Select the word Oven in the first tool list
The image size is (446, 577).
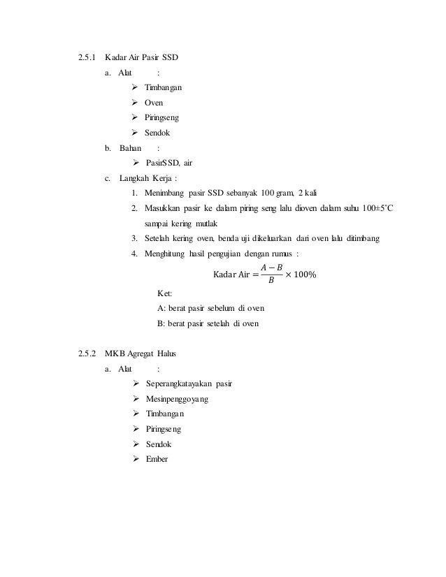tap(154, 102)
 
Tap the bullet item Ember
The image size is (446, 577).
tap(157, 459)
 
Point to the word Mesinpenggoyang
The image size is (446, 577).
tap(178, 399)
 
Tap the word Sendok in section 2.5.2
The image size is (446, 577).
tap(158, 444)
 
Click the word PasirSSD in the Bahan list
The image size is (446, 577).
tap(162, 163)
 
